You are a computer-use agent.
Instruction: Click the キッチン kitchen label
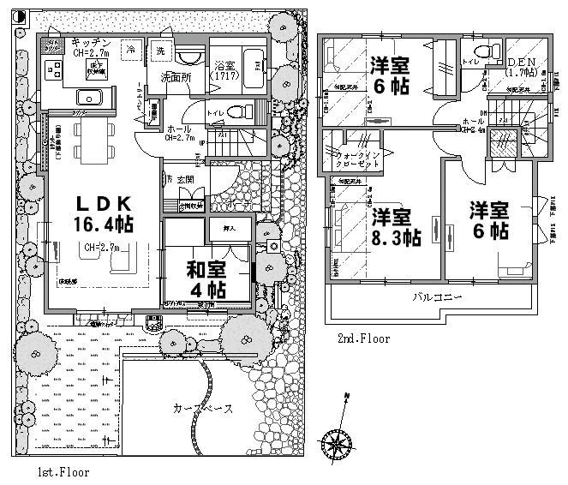point(90,43)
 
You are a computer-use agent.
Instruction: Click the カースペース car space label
point(202,409)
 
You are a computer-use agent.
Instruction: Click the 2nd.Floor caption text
point(363,339)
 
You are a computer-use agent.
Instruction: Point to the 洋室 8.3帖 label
point(395,227)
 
